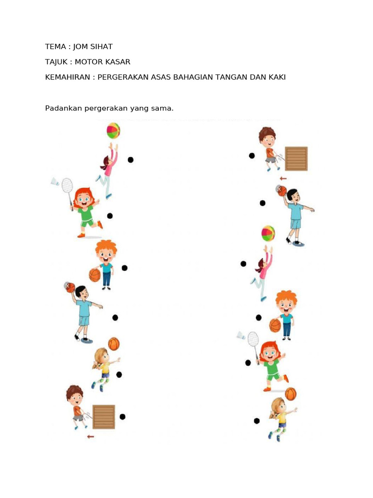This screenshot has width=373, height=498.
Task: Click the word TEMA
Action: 55,47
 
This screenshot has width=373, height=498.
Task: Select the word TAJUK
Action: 57,62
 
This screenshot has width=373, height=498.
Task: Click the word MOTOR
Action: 99,62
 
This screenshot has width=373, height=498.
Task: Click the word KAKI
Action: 276,77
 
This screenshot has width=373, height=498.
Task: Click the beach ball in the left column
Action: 113,131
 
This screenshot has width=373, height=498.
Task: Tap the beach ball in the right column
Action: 268,233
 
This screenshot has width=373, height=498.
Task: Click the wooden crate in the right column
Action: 296,159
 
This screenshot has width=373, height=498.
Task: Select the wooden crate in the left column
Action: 104,417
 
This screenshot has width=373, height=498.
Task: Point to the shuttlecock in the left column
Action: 55,182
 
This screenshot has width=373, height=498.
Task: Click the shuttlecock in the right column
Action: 241,336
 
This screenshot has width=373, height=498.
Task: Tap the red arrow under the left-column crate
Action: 90,436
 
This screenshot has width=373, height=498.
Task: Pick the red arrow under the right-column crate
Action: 283,178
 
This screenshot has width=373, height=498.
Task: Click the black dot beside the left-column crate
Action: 122,416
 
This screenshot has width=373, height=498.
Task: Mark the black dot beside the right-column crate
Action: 252,156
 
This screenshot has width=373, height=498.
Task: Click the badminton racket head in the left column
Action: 67,185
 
